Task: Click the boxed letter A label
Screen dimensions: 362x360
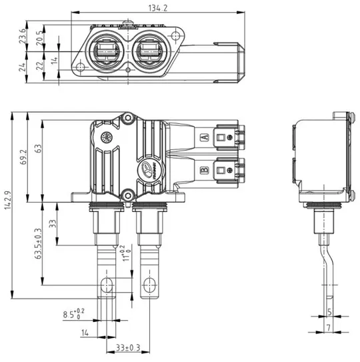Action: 204,138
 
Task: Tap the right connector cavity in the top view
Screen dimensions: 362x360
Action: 149,51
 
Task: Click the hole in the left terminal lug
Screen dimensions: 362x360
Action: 105,287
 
